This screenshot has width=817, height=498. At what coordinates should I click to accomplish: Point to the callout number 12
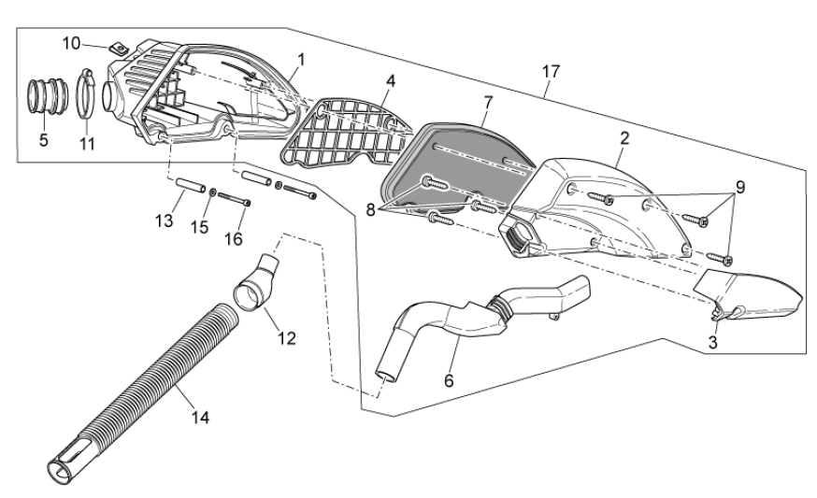[286, 336]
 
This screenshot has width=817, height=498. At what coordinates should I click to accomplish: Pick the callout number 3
[712, 342]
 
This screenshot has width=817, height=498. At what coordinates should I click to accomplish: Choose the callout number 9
[739, 187]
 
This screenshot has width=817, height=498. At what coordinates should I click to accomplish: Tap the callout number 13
[165, 221]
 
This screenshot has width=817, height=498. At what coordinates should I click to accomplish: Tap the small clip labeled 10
[116, 44]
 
